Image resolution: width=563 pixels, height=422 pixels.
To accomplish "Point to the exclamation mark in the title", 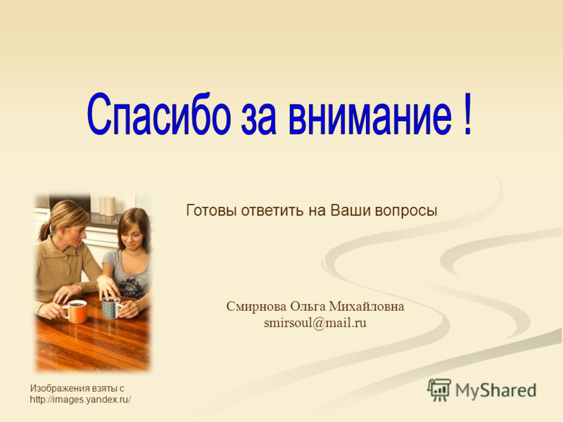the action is [x=467, y=114].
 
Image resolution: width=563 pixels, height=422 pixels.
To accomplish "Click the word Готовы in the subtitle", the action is [x=210, y=210].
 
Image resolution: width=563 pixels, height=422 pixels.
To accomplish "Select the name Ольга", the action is [x=308, y=307].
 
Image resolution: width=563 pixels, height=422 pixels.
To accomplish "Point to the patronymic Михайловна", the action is [x=367, y=307].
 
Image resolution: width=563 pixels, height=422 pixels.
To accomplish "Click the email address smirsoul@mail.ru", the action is [x=315, y=323].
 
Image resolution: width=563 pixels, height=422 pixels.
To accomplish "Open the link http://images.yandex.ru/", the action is [x=80, y=399].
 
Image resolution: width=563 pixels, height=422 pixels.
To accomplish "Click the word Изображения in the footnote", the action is [x=60, y=389].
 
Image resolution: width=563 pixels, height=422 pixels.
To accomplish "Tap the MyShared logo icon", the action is [x=439, y=390].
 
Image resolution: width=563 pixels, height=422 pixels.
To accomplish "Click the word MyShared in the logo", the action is [x=496, y=390].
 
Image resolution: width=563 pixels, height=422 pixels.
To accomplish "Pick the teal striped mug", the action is [x=112, y=308].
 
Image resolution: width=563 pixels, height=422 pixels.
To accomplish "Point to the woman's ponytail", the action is [x=44, y=231].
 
